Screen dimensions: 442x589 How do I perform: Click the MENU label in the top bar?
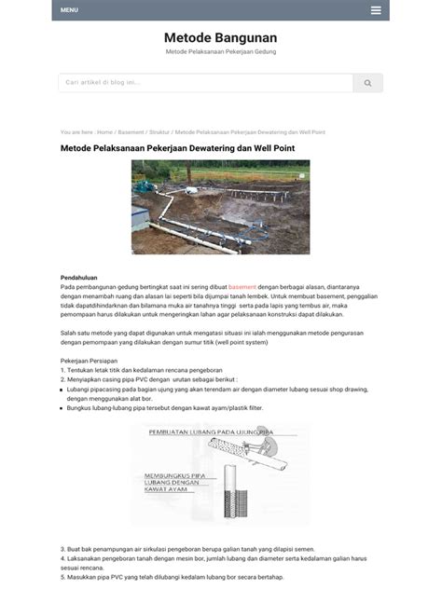tap(69, 10)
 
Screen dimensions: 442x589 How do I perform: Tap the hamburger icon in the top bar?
tap(375, 10)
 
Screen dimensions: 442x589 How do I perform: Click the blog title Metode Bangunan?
tap(220, 36)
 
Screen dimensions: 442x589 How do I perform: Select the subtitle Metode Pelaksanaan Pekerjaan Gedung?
tap(221, 51)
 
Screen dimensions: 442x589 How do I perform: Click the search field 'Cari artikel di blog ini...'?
tap(205, 83)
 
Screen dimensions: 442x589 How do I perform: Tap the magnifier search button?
tap(367, 83)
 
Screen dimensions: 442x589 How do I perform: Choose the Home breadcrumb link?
tap(104, 131)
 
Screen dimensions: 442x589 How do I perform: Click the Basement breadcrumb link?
tap(131, 131)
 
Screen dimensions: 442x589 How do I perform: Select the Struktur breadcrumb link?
tap(159, 131)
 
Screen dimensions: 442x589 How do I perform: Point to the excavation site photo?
tap(220, 207)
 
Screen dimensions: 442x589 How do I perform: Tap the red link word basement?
tap(242, 288)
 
